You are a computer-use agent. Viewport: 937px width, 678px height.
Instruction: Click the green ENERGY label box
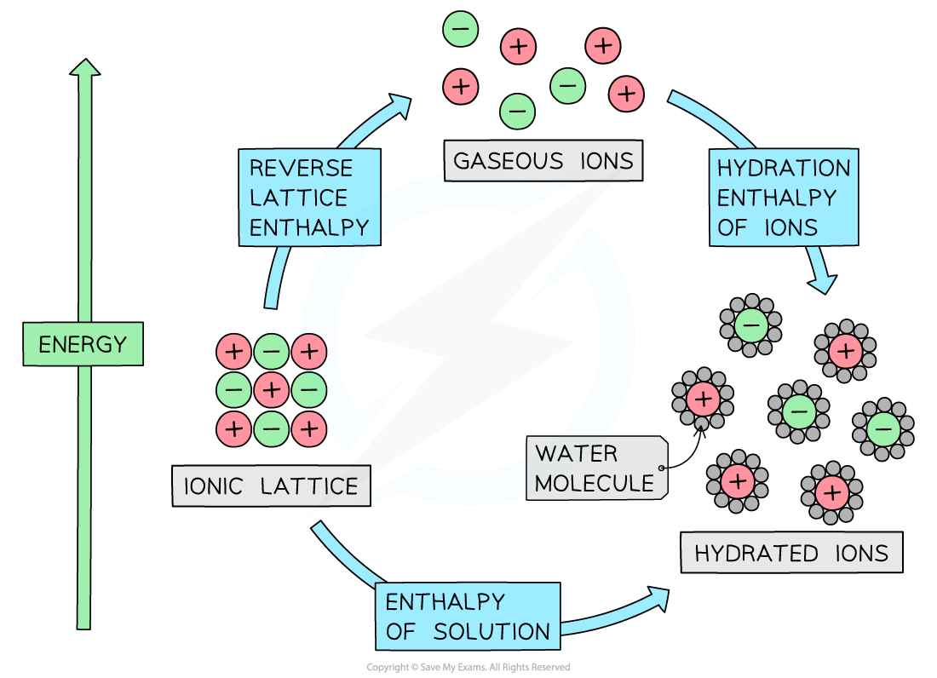pos(83,345)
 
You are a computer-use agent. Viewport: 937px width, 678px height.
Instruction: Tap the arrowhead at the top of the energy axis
pos(83,68)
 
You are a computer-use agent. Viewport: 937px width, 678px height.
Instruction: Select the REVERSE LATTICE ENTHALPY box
pos(309,198)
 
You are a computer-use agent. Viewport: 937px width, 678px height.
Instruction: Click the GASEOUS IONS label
pos(543,161)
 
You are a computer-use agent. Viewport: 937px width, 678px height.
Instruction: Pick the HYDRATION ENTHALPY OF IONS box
pos(783,198)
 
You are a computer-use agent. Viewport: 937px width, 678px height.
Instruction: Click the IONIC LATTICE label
pos(271,486)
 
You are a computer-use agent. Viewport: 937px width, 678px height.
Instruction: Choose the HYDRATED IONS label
pos(791,554)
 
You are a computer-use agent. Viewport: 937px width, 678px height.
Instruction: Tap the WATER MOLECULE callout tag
pos(595,468)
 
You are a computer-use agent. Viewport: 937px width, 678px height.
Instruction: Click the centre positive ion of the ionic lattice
pos(272,390)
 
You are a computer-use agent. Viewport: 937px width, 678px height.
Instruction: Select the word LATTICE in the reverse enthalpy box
pos(299,198)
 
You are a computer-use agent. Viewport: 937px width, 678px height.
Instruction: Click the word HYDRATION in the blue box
pos(783,168)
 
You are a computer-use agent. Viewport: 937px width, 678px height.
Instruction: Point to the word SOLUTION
pos(491,632)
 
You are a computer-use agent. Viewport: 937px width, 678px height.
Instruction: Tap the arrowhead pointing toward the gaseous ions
pos(399,105)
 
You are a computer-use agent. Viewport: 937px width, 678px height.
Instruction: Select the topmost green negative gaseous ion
pos(461,29)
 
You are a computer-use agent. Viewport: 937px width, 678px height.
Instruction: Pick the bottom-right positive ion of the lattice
pos(309,428)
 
